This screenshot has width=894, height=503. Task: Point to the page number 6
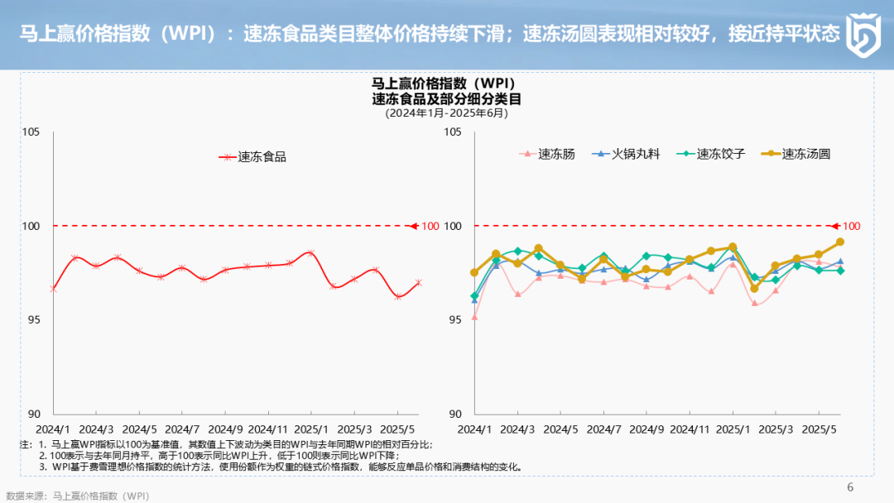tap(849, 486)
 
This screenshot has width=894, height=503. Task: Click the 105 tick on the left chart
tap(31, 132)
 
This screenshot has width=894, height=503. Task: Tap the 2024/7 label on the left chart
tap(183, 430)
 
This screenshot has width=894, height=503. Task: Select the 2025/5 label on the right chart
tap(818, 430)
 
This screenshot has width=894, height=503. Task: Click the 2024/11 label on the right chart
tap(690, 430)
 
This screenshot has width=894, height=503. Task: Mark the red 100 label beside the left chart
tap(430, 226)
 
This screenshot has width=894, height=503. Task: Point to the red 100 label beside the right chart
tap(851, 226)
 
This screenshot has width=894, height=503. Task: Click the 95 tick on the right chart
tap(453, 320)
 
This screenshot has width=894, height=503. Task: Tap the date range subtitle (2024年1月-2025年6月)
tap(446, 113)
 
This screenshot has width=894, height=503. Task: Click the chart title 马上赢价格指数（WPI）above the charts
tap(446, 84)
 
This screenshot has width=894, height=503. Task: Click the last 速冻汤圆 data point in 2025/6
tap(839, 242)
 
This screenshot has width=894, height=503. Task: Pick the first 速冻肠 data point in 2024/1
tap(474, 317)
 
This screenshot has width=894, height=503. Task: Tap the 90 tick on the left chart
tap(34, 414)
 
